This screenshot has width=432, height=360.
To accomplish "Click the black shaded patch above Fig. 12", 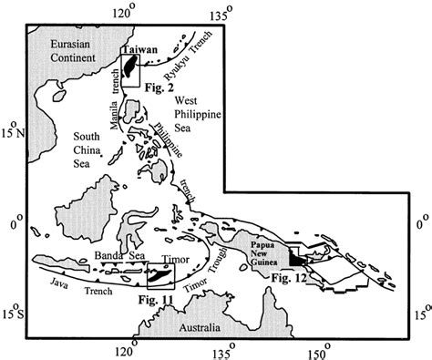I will pyautogui.click(x=293, y=257).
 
